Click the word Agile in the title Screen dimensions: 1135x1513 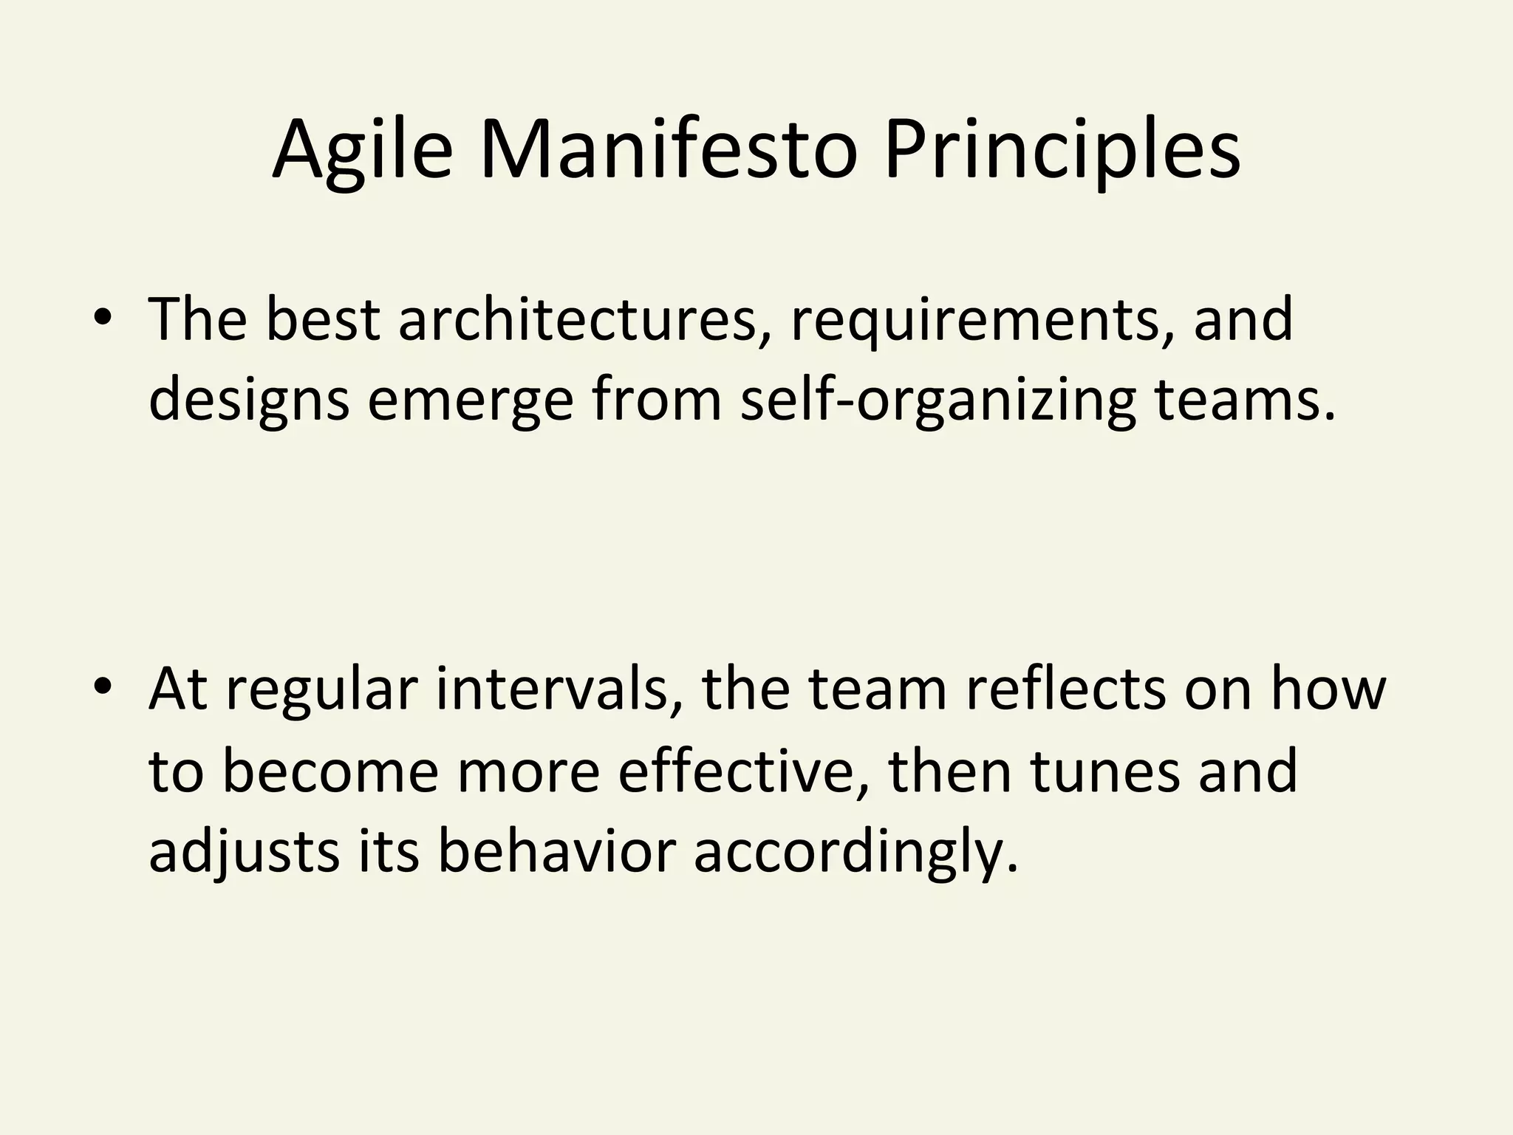point(362,151)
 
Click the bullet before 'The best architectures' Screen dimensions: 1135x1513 point(103,318)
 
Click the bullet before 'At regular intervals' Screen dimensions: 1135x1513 point(103,688)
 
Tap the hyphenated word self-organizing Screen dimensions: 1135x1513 point(937,401)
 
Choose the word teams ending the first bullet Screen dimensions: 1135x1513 point(1244,400)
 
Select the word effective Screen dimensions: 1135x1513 point(742,771)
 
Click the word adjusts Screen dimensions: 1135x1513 point(245,852)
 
